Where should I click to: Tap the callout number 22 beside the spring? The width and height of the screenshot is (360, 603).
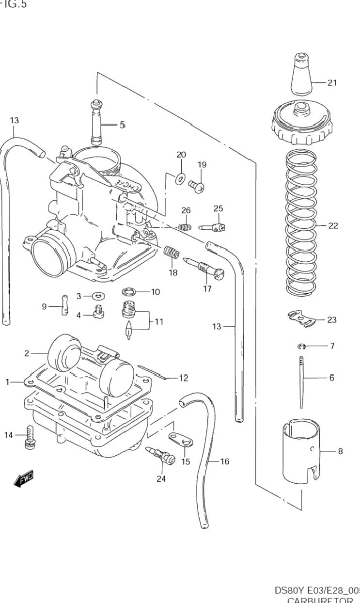coord(333,226)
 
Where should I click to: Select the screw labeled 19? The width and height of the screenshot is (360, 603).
coord(197,184)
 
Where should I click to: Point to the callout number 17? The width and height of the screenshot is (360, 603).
coord(207,289)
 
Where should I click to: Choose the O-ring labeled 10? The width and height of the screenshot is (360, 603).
coord(129,292)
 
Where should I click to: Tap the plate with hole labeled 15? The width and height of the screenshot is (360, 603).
coord(181,439)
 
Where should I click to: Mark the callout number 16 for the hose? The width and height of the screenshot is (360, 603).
coord(224,461)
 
